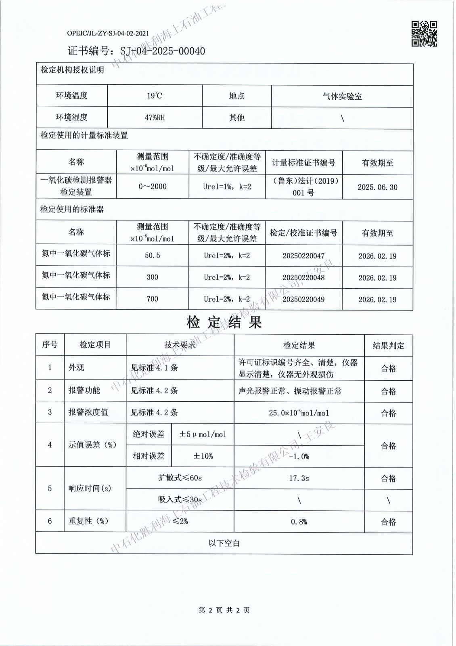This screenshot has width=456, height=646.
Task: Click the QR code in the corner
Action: [424, 34]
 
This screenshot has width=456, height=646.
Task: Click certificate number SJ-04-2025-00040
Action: [163, 51]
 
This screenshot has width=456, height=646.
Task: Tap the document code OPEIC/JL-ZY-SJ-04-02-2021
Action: [108, 34]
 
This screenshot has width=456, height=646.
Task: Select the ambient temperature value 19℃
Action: [155, 96]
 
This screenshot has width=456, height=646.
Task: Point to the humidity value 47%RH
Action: [155, 118]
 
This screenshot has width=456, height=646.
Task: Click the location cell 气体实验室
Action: [342, 96]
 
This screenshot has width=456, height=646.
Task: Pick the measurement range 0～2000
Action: [153, 187]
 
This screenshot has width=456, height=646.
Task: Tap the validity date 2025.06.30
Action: [377, 187]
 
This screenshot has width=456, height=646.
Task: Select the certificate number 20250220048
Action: [303, 278]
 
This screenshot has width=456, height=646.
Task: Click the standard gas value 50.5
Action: [153, 256]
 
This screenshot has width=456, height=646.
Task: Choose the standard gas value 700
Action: [153, 299]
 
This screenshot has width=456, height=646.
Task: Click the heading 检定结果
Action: [224, 322]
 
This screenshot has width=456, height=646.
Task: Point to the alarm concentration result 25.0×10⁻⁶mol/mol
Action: [299, 413]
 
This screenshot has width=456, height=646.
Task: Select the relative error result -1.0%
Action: [299, 457]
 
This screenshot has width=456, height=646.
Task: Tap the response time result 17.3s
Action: [299, 478]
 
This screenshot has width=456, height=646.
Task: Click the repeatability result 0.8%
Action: [299, 522]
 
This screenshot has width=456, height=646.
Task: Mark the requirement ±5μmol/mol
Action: [203, 435]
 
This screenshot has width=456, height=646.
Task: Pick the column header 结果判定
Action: [388, 346]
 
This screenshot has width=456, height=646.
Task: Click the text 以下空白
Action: [224, 543]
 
